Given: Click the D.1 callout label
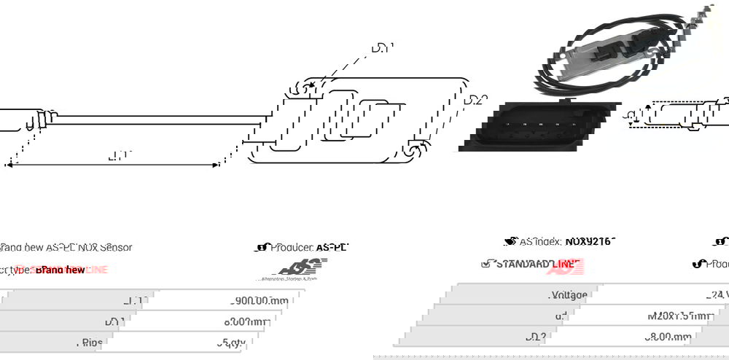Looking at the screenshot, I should tap(382, 48).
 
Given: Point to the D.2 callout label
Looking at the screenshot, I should tap(475, 100).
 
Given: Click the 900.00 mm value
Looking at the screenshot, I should tap(260, 300).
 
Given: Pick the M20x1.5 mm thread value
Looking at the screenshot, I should tap(679, 316).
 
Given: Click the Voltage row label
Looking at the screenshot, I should tap(567, 295).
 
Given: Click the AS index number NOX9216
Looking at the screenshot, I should tap(589, 241).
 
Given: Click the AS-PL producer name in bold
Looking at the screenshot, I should tap(332, 247).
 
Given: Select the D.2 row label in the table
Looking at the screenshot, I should tap(556, 337).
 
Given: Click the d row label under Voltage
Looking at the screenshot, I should tap(561, 316).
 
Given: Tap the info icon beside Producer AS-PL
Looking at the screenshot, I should tap(262, 247).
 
